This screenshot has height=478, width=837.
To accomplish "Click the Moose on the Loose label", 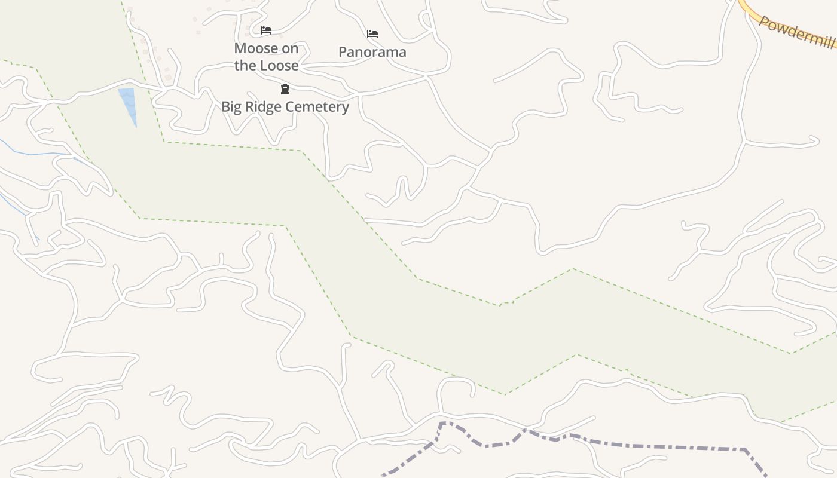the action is point(266,56).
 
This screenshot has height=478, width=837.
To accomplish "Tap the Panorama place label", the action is point(372,52).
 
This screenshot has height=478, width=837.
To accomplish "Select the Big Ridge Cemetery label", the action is point(285,106).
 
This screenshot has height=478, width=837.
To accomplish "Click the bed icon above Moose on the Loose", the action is point(266,30).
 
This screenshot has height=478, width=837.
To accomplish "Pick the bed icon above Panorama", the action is point(372,34).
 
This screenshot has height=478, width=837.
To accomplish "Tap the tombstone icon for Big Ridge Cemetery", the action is point(285,90).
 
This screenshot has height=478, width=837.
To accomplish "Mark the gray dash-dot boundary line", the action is point(628,446).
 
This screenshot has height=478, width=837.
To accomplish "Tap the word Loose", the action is point(279,65).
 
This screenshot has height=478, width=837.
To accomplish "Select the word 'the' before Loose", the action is point(245,65).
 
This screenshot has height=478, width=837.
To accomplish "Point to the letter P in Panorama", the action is point(343,52).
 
